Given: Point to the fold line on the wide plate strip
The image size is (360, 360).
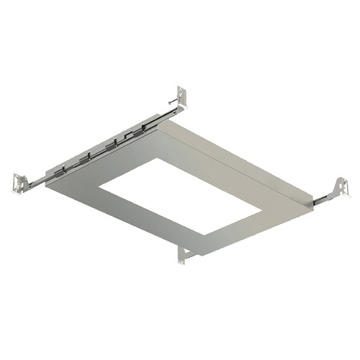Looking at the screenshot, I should tap(238, 155).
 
